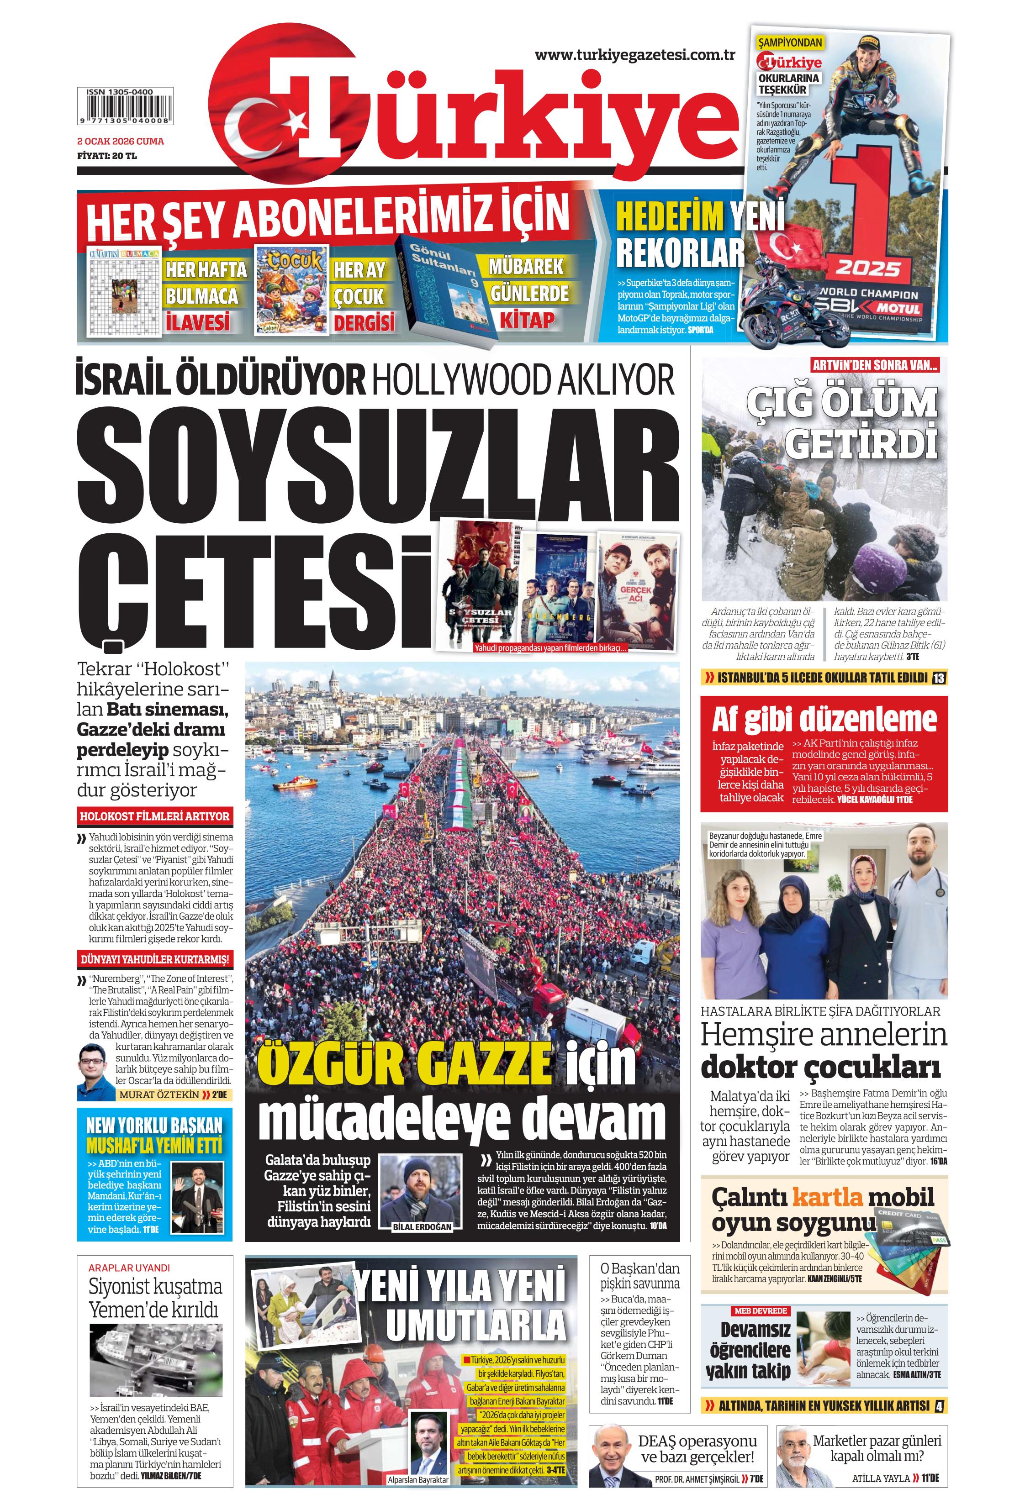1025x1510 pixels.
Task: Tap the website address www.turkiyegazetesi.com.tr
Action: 634,55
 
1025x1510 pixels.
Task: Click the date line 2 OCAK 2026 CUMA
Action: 120,141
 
